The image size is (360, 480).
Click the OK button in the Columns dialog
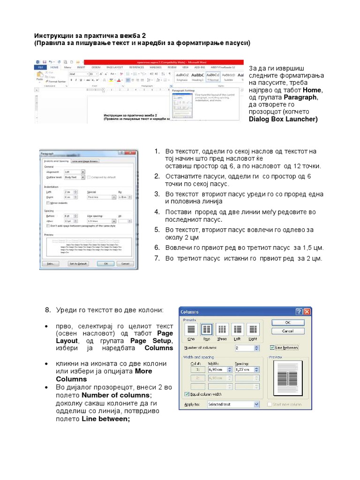[x=287, y=322]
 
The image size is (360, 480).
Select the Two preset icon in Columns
[x=207, y=330]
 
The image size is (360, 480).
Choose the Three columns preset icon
[x=222, y=330]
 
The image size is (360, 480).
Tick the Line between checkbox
[x=273, y=348]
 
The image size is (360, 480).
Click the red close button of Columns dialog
[x=307, y=312]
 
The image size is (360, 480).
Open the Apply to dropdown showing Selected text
[x=233, y=404]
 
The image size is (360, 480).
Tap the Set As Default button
[x=78, y=264]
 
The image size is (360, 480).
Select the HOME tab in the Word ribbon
[x=55, y=67]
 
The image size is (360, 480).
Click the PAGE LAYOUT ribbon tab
[x=115, y=67]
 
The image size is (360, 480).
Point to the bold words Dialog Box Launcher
[x=283, y=119]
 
